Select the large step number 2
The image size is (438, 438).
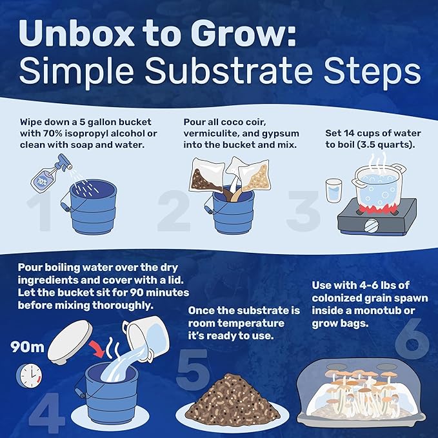pos(170,214)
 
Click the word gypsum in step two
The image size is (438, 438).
pos(281,134)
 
